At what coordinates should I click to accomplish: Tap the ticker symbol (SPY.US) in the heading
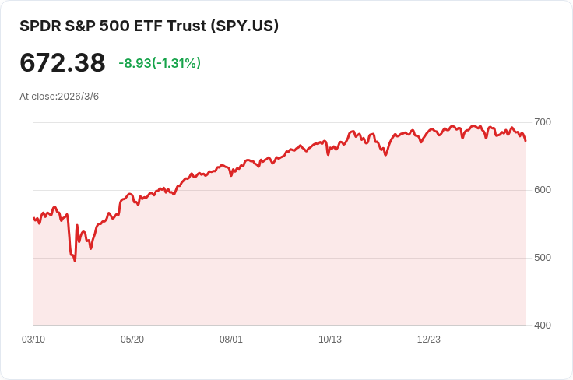[x=244, y=26]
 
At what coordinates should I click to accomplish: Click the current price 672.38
[x=62, y=62]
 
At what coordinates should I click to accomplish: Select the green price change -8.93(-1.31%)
[x=160, y=63]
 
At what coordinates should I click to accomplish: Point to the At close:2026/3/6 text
[x=59, y=97]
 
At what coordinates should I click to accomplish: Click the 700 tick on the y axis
[x=542, y=122]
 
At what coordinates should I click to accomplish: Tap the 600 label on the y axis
[x=542, y=190]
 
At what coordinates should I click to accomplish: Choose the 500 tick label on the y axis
[x=542, y=258]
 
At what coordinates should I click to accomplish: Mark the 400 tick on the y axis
[x=542, y=325]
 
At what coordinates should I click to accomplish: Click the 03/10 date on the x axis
[x=33, y=340]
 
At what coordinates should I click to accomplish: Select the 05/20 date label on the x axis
[x=132, y=340]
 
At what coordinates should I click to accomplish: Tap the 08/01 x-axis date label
[x=231, y=340]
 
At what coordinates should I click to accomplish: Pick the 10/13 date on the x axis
[x=330, y=340]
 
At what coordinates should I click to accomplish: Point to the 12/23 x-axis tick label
[x=429, y=340]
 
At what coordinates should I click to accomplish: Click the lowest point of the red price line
[x=75, y=260]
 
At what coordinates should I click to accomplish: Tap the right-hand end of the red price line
[x=526, y=140]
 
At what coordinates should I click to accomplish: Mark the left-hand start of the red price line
[x=33, y=218]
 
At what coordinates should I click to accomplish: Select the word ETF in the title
[x=153, y=26]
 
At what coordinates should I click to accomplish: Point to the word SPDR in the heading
[x=38, y=26]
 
